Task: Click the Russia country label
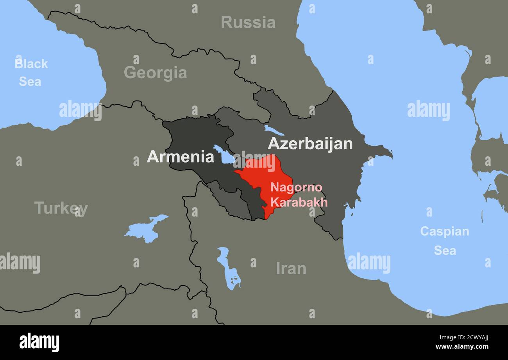tap(248, 22)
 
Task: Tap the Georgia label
tap(155, 73)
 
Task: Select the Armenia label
tap(181, 157)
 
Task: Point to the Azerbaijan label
tap(310, 144)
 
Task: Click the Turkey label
tap(61, 208)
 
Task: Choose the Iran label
tap(291, 269)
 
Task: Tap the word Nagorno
tap(296, 187)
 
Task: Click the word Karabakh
tap(299, 202)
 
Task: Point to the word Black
tap(31, 64)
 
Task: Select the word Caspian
tap(444, 231)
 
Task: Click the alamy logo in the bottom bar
tap(39, 342)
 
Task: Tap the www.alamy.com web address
tap(469, 347)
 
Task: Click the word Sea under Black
tap(30, 82)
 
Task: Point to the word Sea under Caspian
tap(445, 251)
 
